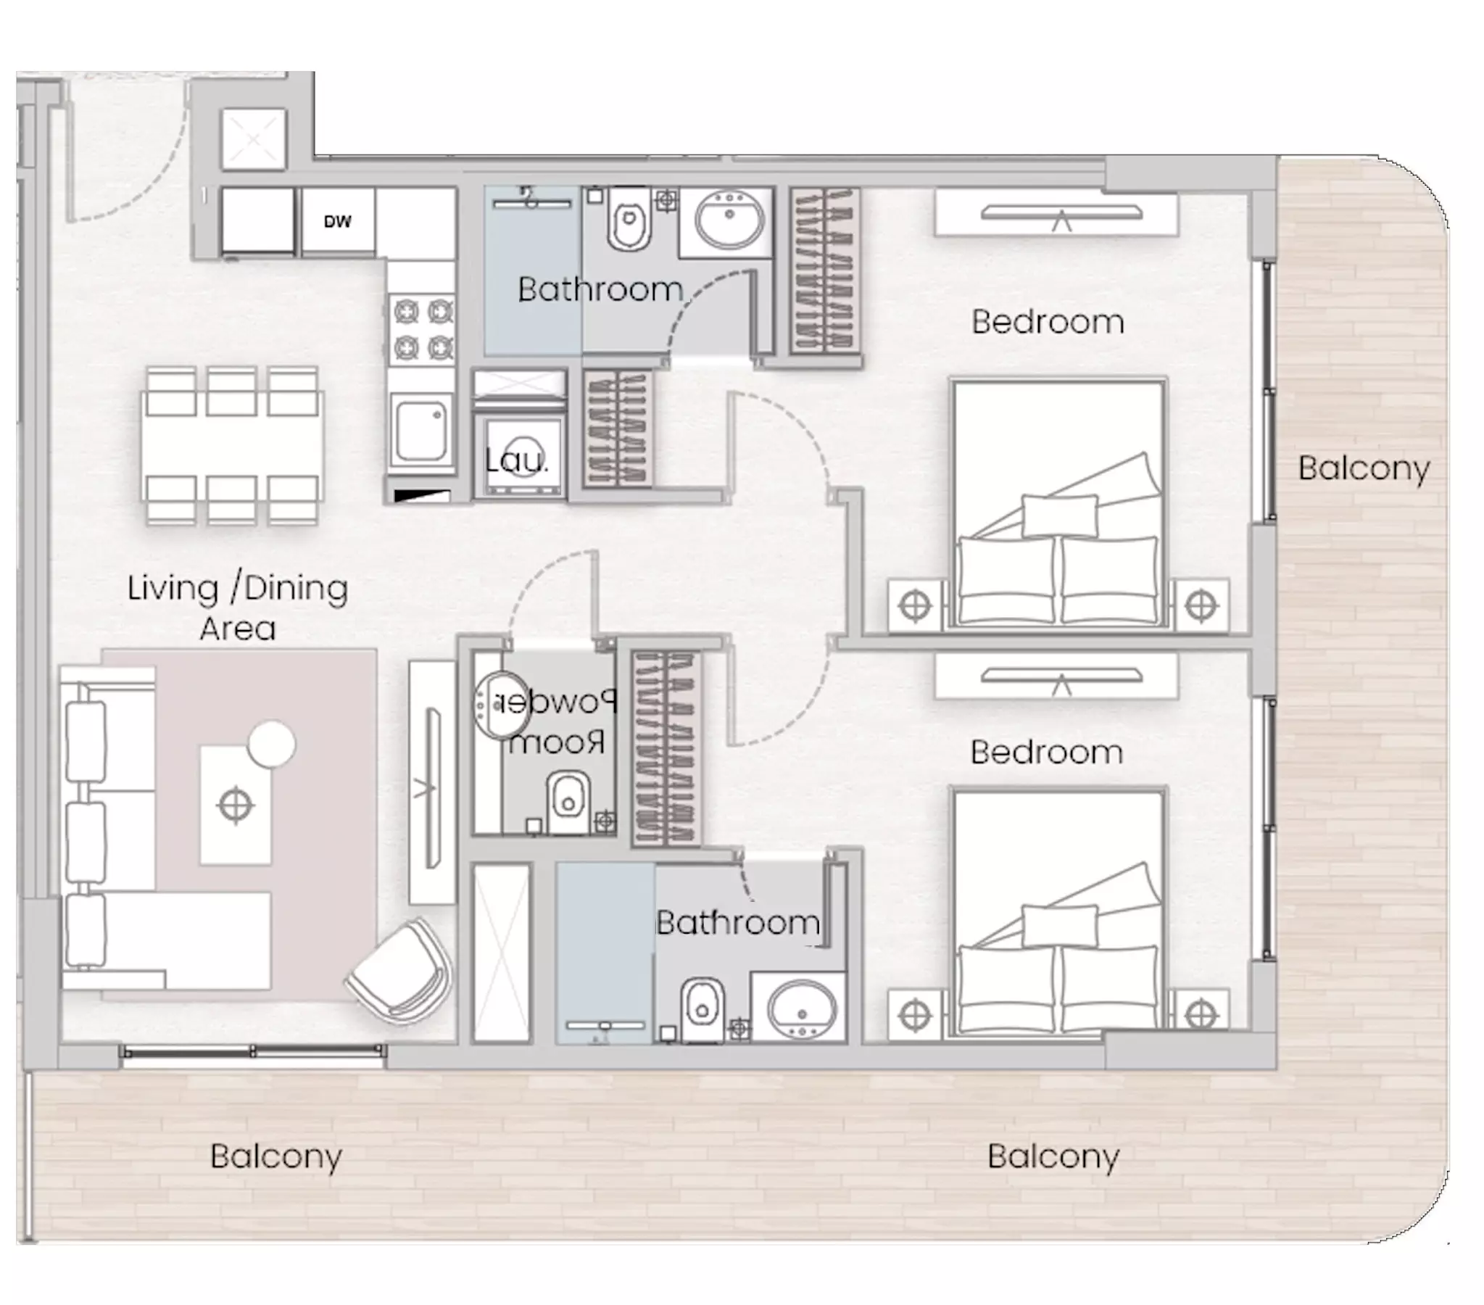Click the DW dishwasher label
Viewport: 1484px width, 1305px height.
[337, 222]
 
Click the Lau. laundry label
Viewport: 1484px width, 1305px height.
[516, 460]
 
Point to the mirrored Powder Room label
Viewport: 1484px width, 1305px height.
[556, 722]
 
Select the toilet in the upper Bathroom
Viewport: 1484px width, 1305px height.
[629, 218]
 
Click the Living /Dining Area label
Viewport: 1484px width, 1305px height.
[237, 607]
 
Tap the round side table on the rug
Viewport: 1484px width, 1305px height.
[272, 744]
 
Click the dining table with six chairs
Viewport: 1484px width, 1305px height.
[232, 445]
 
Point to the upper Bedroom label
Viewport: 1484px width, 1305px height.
[1048, 322]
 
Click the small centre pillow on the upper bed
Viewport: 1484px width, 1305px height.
[1059, 515]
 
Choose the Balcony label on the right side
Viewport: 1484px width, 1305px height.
[1364, 468]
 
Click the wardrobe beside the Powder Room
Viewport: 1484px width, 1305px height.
[666, 749]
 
